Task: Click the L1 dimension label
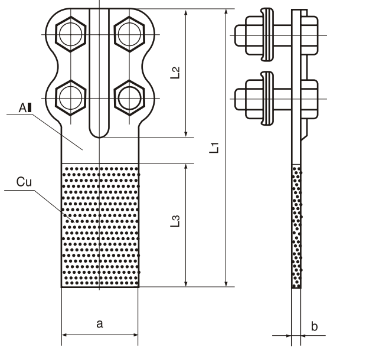(x=216, y=148)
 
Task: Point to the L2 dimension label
(x=175, y=73)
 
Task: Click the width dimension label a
(x=99, y=323)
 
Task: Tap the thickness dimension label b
(x=314, y=326)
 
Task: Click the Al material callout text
(x=24, y=107)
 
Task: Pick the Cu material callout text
(x=24, y=184)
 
